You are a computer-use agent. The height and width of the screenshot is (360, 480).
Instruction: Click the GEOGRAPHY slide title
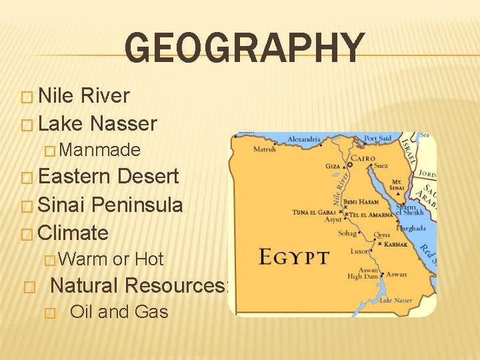pos(245,49)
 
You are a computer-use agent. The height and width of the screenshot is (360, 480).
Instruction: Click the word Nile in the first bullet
pos(57,95)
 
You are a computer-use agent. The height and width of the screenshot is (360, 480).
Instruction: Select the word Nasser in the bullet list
pos(124,123)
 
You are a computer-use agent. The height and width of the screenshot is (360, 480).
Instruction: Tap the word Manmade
pos(103,150)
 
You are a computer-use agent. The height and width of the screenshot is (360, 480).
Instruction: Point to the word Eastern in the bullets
pos(75,176)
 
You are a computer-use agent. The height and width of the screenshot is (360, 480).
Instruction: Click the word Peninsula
pos(137,205)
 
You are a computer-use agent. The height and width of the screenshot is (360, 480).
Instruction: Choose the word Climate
pos(73,233)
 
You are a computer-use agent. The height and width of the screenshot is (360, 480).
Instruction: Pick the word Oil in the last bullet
pos(81,311)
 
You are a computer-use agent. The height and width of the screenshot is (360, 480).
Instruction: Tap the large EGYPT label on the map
pos(293,257)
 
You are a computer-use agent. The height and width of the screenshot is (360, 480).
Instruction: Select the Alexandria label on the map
pos(303,140)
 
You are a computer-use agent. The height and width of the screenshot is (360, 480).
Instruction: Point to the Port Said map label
pos(378,139)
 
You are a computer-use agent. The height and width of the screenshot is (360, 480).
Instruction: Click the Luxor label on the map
pos(359,252)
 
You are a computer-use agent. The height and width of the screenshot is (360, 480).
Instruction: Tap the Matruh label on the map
pos(265,149)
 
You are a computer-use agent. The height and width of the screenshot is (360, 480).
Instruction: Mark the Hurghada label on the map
pos(412,229)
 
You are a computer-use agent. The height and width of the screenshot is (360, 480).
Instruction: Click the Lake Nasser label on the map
pos(395,301)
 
